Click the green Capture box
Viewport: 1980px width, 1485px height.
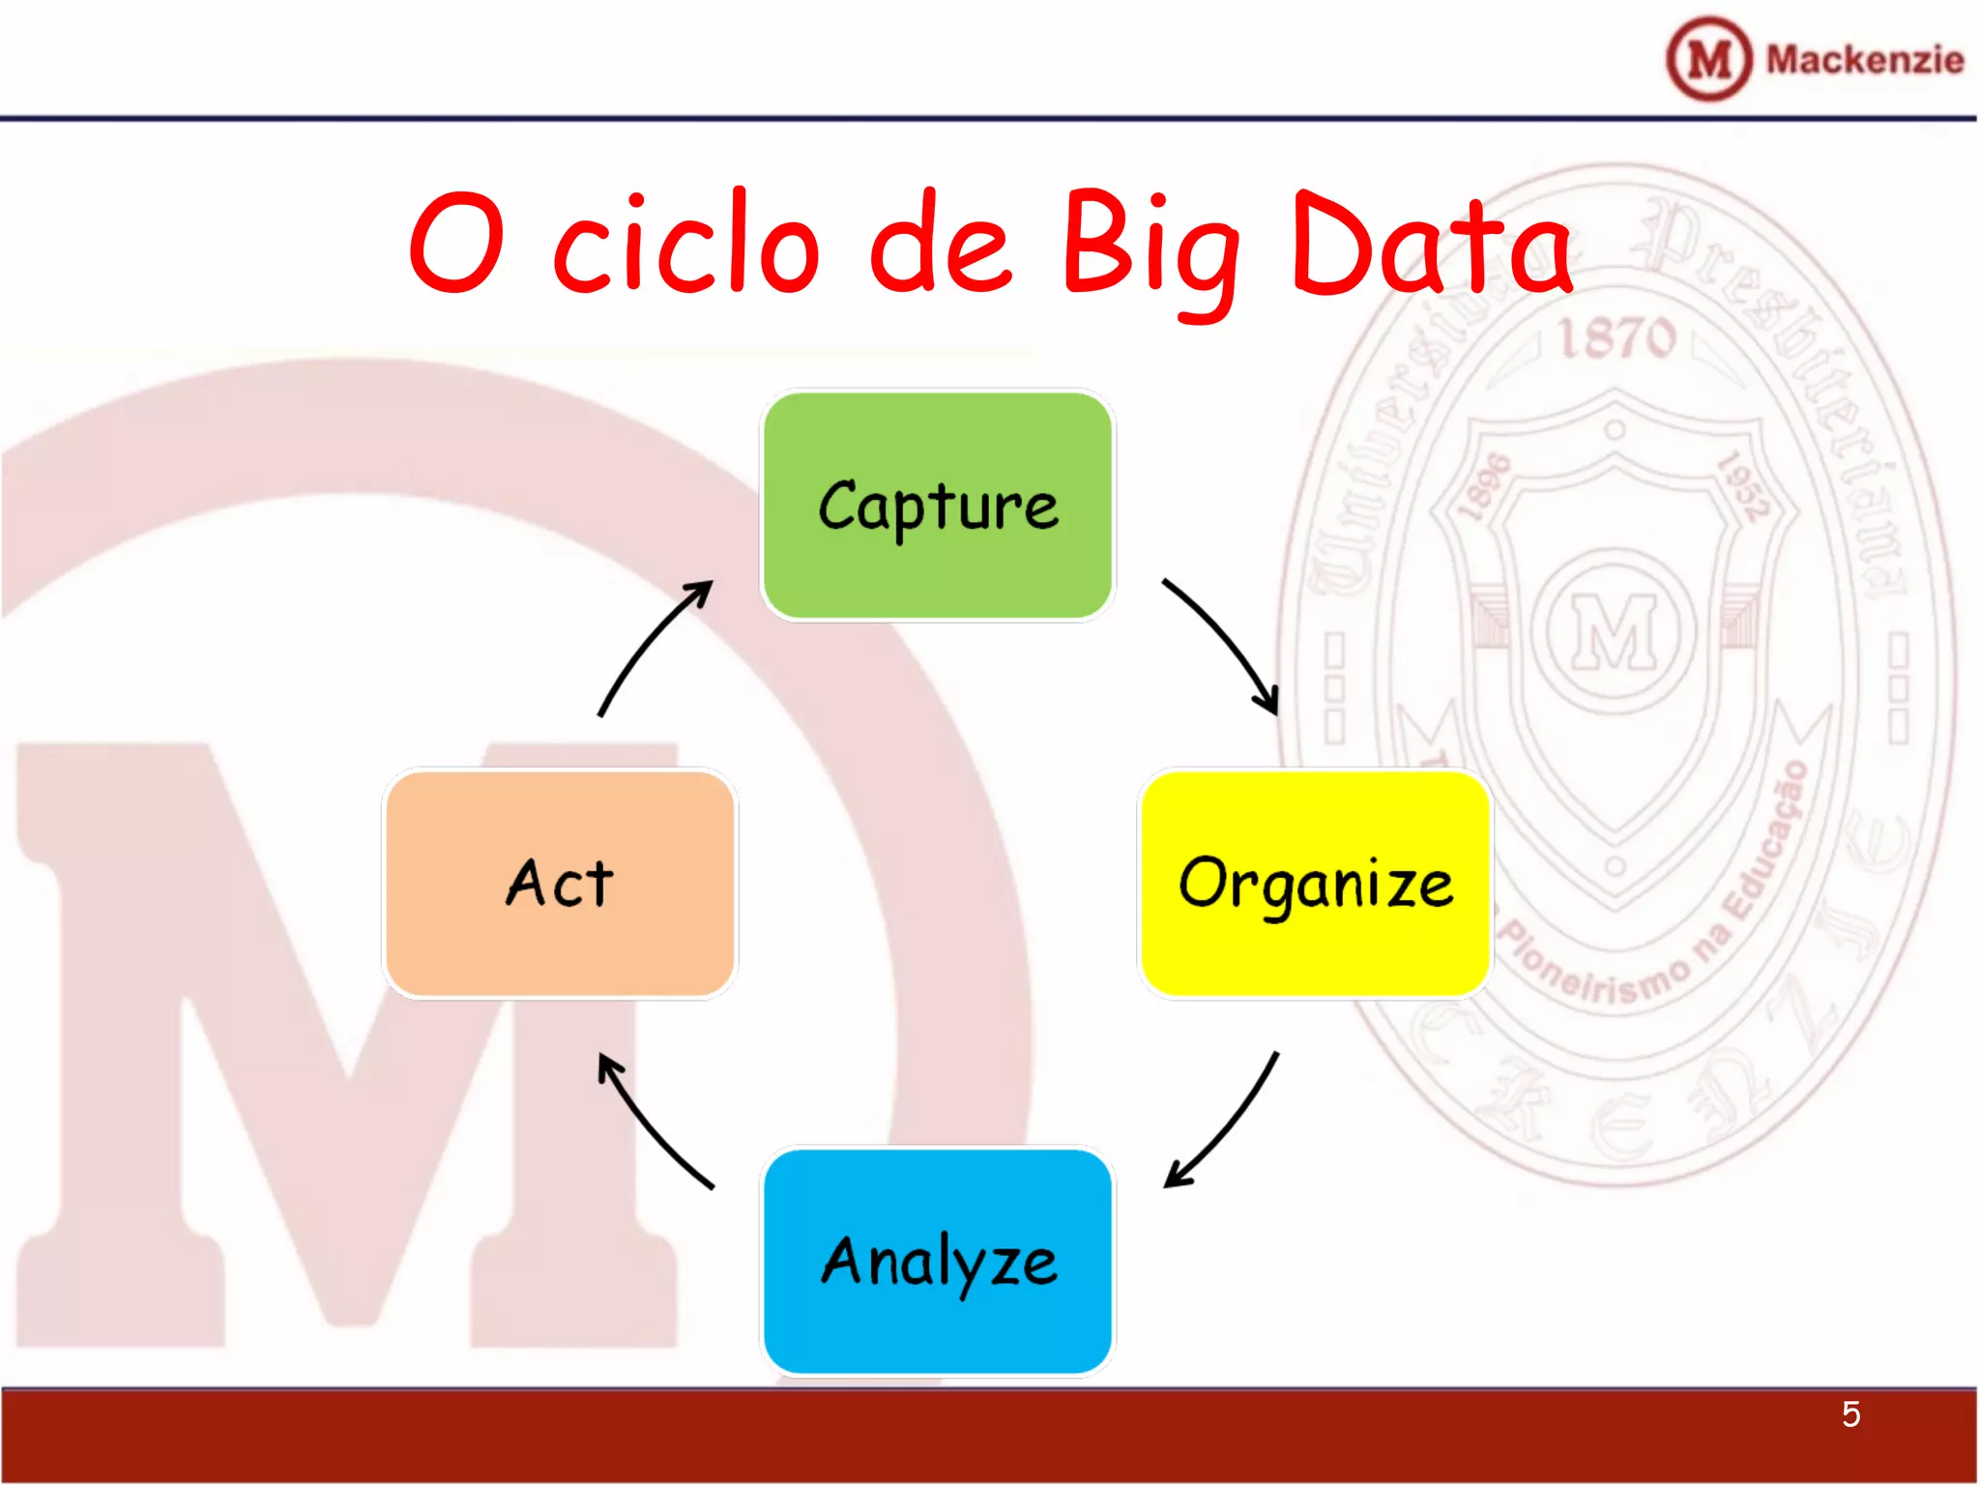(x=937, y=505)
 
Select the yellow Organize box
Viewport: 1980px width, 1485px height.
(x=1315, y=883)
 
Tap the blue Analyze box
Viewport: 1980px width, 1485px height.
(x=937, y=1261)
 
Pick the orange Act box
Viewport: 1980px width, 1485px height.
(x=560, y=883)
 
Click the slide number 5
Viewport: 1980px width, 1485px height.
(x=1850, y=1414)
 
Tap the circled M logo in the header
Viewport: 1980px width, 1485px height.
(x=1708, y=59)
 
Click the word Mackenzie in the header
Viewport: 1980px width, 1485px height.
(x=1864, y=60)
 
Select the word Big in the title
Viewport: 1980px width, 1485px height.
(x=1150, y=247)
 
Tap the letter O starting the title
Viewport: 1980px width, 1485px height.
(x=456, y=242)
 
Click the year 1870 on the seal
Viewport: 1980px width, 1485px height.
(x=1616, y=337)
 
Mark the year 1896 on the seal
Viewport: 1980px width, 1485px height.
(x=1484, y=486)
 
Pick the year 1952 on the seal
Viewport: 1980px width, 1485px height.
(x=1743, y=486)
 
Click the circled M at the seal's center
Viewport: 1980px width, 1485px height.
(x=1615, y=631)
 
